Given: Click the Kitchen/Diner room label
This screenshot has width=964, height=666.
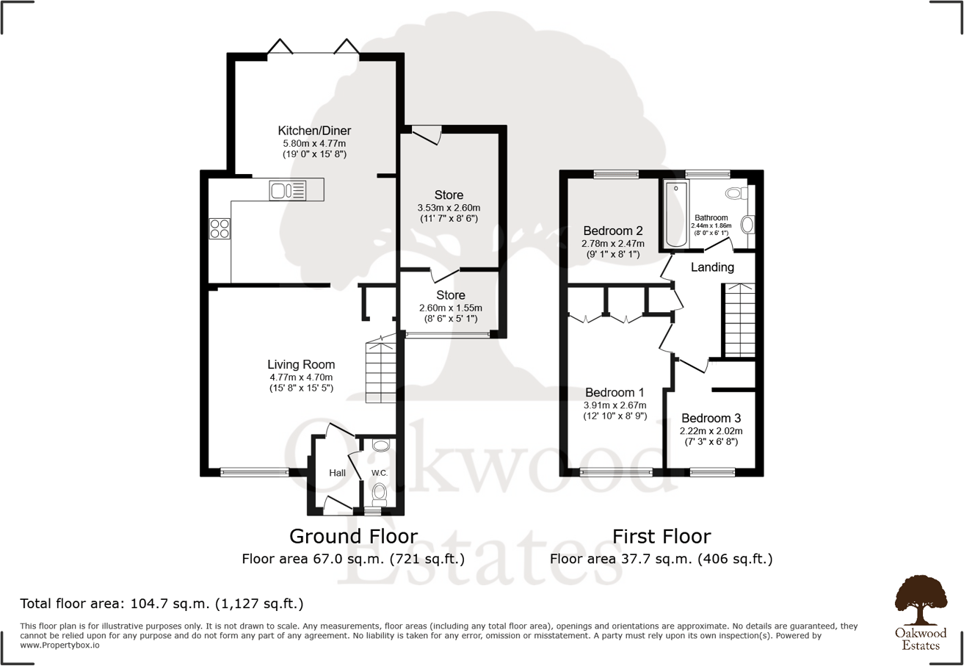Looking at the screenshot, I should click(314, 131).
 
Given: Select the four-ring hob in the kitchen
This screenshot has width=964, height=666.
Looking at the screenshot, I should click(220, 228).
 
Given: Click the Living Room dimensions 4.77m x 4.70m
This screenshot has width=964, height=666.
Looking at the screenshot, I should click(301, 377).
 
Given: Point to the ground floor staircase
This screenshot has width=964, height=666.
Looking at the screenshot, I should click(381, 372).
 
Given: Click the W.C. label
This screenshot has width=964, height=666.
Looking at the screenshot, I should click(379, 472).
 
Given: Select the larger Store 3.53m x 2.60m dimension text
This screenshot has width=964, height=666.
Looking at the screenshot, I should click(449, 209).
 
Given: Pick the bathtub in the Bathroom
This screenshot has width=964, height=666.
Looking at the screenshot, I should click(673, 214).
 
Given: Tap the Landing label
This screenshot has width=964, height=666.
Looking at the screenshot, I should click(712, 267).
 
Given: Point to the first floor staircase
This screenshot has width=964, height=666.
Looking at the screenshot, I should click(739, 321).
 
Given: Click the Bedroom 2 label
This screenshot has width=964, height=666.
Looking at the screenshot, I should click(613, 231).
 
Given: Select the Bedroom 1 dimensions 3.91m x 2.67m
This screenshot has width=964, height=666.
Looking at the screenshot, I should click(615, 405).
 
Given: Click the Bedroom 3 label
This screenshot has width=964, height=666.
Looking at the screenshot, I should click(711, 418).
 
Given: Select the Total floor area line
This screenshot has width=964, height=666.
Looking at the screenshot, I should click(162, 604).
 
